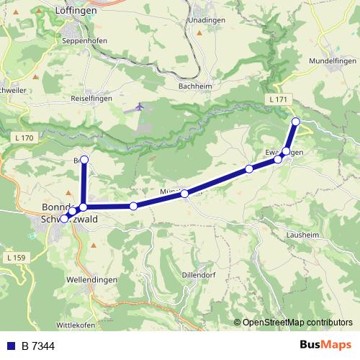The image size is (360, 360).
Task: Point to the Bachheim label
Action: pyautogui.click(x=193, y=86)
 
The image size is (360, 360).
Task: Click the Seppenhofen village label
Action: pyautogui.click(x=83, y=40)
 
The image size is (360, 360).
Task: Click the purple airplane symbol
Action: pyautogui.click(x=139, y=107)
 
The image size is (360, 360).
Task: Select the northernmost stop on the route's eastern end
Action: pyautogui.click(x=295, y=121)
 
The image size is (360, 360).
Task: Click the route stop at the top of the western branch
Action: pyautogui.click(x=84, y=159)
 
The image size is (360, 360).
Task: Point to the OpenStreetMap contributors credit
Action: pyautogui.click(x=297, y=323)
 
